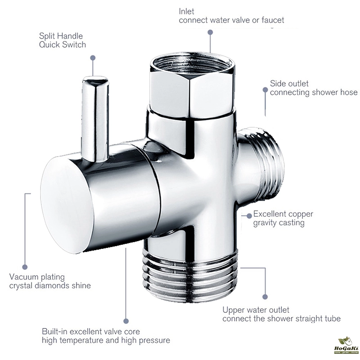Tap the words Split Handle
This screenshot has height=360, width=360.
tap(61, 36)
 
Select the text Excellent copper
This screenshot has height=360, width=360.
tap(283, 214)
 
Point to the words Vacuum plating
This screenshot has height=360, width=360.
tap(37, 277)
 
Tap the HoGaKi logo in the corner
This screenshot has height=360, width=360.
tap(346, 346)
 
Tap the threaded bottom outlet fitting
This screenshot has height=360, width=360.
tap(191, 277)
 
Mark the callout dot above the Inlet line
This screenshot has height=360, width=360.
tap(210, 32)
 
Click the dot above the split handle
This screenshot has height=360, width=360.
tap(93, 57)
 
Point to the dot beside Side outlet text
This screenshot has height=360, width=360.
tap(265, 89)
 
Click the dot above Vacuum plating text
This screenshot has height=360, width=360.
tap(25, 267)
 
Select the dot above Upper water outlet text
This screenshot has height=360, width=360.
tap(265, 297)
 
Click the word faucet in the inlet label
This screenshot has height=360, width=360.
tap(271, 20)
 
